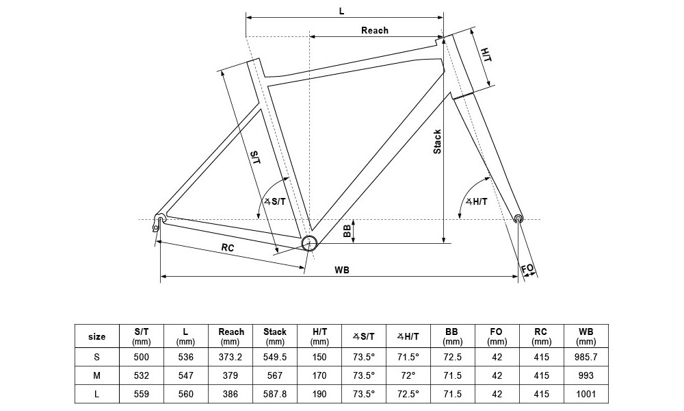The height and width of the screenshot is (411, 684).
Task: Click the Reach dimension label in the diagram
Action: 374,30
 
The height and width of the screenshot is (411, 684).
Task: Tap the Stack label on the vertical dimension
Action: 438,142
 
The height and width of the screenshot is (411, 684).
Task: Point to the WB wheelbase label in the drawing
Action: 342,271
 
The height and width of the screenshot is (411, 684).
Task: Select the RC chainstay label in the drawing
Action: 228,248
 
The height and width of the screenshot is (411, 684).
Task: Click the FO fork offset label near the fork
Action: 527,269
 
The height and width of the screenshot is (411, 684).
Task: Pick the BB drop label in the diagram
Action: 347,231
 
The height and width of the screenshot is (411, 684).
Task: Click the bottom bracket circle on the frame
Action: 308,242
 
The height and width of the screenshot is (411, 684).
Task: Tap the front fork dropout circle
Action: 518,219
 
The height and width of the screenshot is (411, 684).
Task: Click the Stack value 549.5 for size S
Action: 275,357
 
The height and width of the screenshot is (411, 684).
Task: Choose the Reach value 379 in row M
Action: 231,375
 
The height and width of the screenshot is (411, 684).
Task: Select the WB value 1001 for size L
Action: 586,394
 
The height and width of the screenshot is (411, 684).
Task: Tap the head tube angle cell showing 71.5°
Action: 408,357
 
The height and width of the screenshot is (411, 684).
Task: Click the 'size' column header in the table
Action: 97,336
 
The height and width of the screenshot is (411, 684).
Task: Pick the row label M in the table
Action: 97,375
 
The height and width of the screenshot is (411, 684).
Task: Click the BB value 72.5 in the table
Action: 452,357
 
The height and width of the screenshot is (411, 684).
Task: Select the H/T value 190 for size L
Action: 319,394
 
